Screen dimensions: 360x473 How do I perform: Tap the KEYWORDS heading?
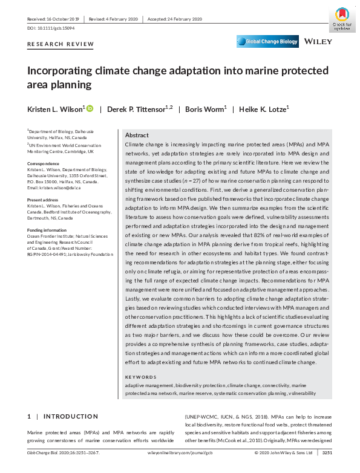[141, 377]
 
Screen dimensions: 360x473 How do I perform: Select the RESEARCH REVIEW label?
[61, 44]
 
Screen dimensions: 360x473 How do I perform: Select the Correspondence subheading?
[44, 163]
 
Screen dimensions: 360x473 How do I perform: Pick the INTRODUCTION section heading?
[70, 417]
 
